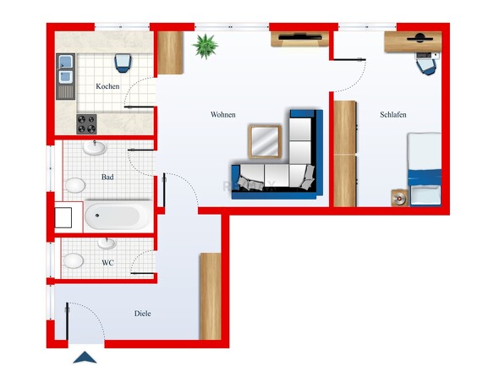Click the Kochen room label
click(x=107, y=86)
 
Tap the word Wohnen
click(x=223, y=115)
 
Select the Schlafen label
click(x=393, y=115)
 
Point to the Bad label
click(x=107, y=177)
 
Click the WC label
click(x=107, y=263)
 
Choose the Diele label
click(x=143, y=314)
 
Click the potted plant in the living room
click(x=206, y=46)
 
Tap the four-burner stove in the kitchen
click(x=86, y=124)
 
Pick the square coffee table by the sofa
click(x=265, y=141)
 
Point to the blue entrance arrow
click(x=85, y=357)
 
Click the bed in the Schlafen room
click(x=425, y=169)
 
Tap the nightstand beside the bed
click(x=400, y=198)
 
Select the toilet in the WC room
click(x=74, y=261)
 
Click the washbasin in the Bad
click(x=95, y=148)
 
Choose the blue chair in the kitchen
click(x=123, y=63)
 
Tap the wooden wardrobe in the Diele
click(x=211, y=297)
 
